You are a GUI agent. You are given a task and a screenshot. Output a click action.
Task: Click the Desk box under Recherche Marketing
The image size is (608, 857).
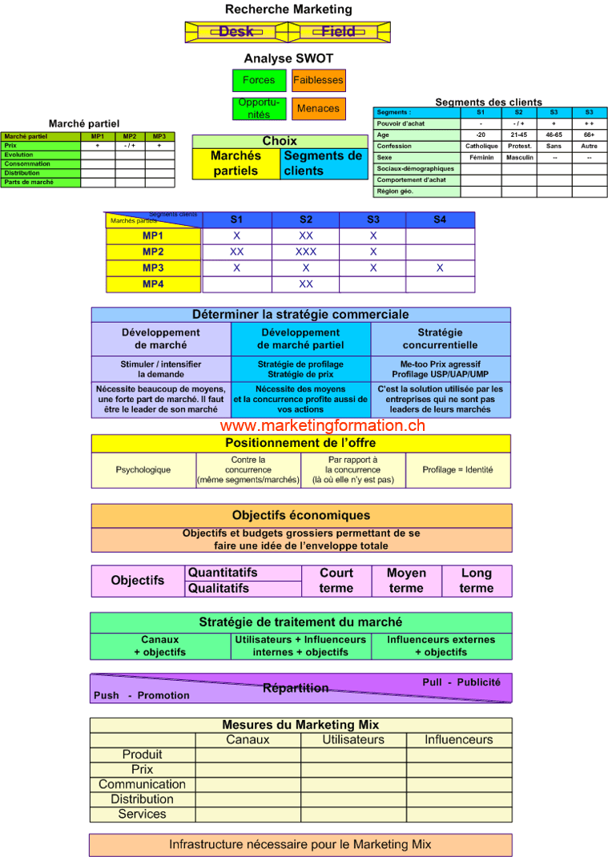[236, 32]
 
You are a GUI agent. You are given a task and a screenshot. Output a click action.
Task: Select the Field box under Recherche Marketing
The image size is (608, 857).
[338, 32]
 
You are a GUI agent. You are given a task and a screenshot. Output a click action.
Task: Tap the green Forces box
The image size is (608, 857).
[259, 80]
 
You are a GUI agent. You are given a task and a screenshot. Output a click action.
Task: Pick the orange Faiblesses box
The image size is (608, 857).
[318, 80]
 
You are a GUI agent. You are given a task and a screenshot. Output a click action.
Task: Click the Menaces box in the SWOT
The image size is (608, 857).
[318, 108]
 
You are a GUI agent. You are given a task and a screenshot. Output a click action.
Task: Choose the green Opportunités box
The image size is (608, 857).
[259, 108]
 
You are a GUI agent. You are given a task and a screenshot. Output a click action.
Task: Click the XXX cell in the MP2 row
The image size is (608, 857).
[306, 251]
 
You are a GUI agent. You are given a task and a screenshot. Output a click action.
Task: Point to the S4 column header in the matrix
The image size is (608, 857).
[440, 219]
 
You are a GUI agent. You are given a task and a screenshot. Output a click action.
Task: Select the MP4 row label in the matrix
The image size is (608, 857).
[153, 284]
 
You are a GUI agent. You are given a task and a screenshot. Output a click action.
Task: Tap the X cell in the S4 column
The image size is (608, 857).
[440, 268]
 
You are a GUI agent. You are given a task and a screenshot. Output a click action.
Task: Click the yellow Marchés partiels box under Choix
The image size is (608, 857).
[236, 163]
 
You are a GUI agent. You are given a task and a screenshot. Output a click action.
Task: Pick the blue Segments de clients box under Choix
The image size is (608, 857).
[324, 163]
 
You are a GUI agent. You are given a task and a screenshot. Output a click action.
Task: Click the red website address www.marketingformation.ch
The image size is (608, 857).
[323, 426]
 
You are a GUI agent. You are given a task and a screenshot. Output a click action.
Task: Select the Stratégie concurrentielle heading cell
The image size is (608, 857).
[440, 339]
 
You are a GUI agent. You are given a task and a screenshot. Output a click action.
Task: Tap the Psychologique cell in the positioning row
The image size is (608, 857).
[143, 470]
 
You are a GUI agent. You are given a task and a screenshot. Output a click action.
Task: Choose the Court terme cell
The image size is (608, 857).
[336, 581]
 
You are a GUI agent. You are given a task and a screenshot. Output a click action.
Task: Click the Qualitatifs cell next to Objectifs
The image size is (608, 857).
[219, 588]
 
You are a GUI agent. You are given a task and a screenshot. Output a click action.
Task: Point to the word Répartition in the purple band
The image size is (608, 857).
[296, 688]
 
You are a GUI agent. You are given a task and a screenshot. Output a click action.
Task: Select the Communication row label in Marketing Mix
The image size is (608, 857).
[142, 784]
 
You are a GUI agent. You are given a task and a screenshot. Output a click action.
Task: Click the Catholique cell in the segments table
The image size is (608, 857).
[481, 147]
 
